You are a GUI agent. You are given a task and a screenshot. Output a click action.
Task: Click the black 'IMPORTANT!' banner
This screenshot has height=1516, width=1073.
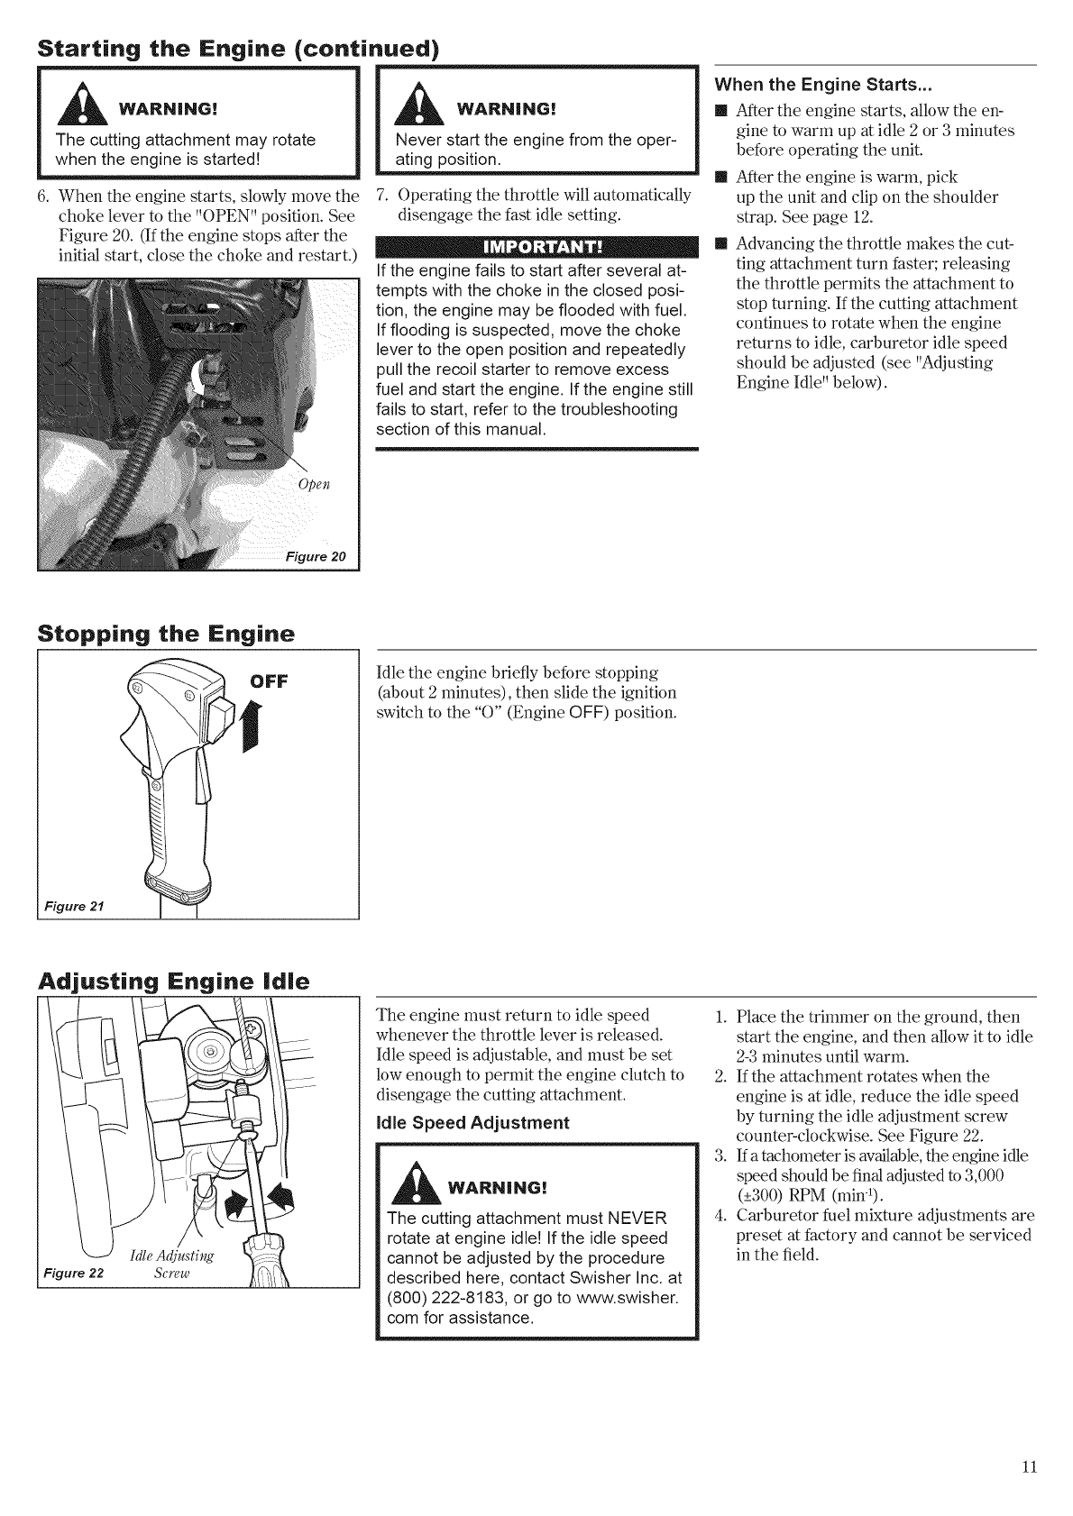[537, 249]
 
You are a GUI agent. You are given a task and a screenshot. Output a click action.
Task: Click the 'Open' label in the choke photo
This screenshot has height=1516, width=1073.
[313, 485]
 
